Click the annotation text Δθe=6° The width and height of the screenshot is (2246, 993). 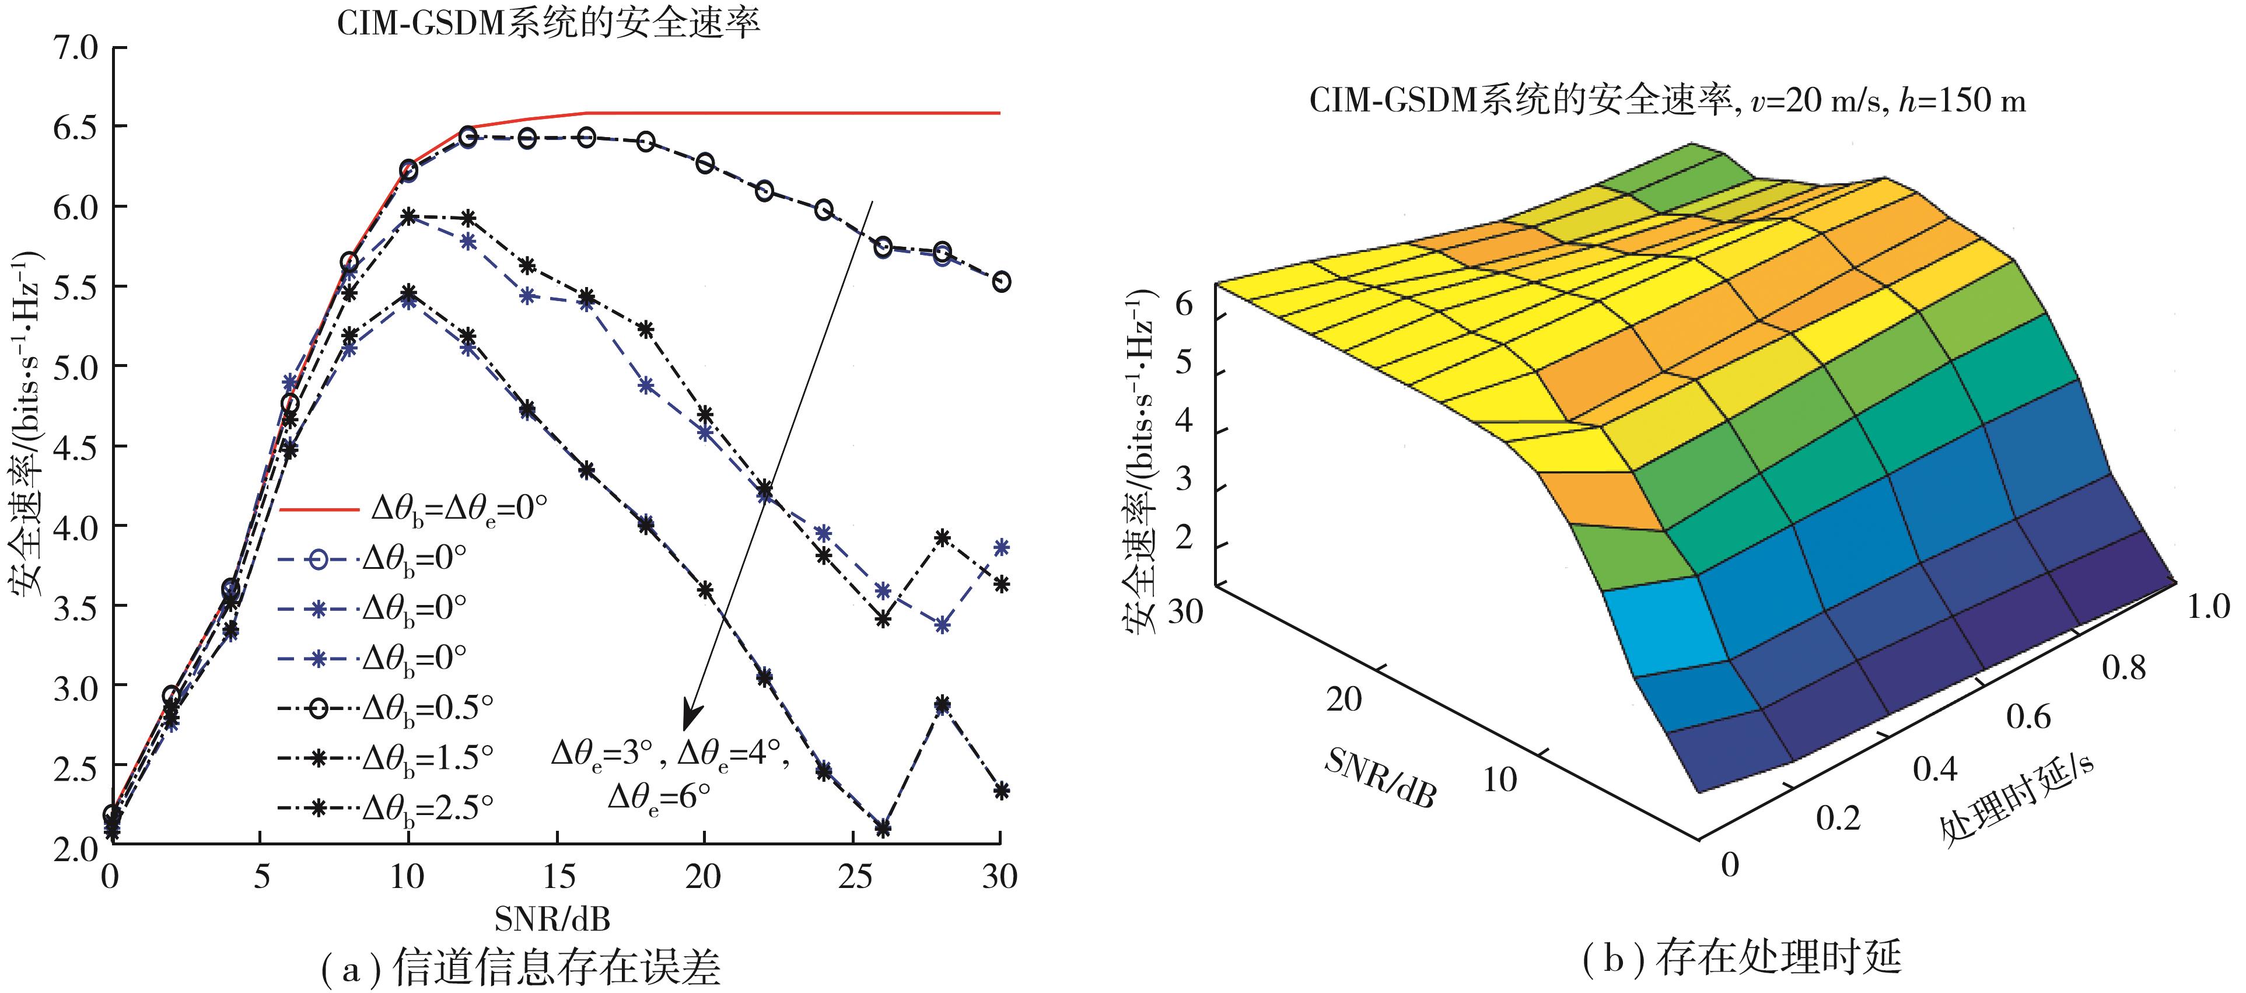(x=658, y=796)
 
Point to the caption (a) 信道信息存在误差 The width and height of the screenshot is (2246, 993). (x=520, y=967)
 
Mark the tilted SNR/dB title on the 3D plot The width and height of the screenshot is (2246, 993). (x=1379, y=777)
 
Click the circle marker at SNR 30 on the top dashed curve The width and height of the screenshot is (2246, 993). (x=1001, y=282)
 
